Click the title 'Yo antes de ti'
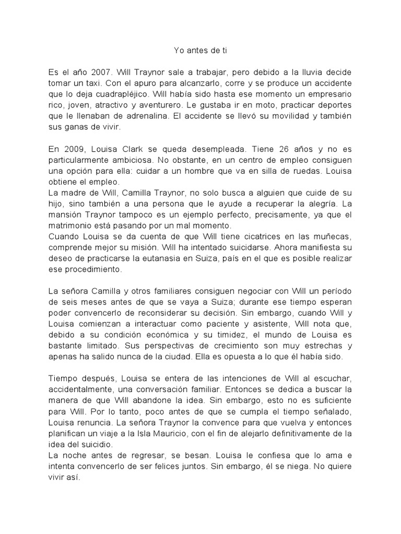coord(200,51)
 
